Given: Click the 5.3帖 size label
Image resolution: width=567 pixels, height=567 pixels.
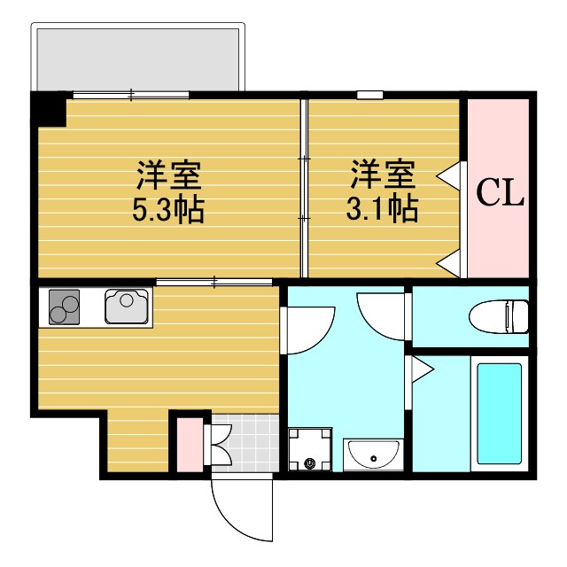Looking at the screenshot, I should coord(168,210).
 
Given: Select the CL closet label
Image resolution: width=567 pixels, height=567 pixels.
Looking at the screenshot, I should coord(501,192).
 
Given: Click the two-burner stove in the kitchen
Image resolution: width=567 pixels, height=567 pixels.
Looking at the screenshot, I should coord(63,307).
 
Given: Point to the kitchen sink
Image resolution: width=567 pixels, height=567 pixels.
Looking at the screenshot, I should coord(128,307).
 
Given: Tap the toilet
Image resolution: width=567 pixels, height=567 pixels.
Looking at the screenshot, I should coord(501,315).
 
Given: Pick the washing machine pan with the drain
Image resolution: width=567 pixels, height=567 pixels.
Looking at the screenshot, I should coord(310,449).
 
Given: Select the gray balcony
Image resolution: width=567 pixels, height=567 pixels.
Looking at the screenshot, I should coord(137,58).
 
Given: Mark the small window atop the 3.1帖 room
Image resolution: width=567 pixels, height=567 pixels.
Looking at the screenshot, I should coord(370,95).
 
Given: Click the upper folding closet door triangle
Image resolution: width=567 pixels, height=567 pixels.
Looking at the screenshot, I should coord(452,174).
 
